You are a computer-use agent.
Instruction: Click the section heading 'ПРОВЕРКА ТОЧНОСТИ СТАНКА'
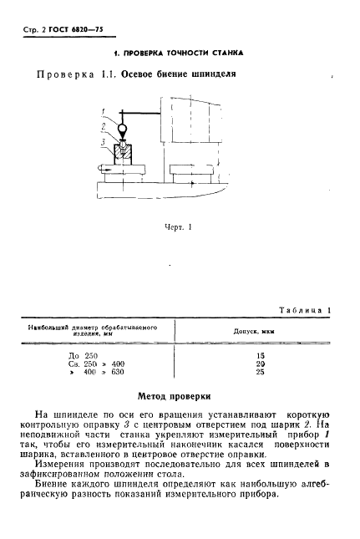(179, 52)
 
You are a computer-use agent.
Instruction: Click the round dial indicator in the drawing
(122, 130)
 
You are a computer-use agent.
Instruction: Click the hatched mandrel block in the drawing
(123, 156)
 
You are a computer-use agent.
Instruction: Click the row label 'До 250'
(84, 355)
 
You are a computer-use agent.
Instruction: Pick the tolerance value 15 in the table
(259, 355)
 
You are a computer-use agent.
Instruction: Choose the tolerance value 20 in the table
(259, 364)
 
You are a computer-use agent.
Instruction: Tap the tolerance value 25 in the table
(259, 372)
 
